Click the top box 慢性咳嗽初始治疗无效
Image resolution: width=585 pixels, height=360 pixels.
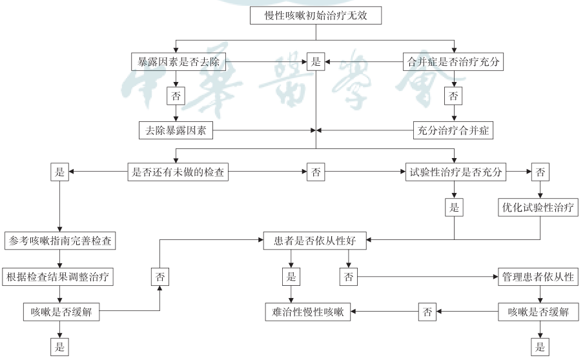(316, 15)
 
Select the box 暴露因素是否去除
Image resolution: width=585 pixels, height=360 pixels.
(178, 61)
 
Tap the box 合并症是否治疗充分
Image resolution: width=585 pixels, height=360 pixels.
(453, 61)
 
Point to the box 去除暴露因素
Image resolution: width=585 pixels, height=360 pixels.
(176, 130)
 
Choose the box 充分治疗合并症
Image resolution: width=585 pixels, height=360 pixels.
(453, 130)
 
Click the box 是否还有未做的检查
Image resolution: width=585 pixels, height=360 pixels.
(178, 172)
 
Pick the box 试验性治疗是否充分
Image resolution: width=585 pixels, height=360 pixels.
(456, 172)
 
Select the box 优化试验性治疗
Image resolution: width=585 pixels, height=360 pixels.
(538, 207)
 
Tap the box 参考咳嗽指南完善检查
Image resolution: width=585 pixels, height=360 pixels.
(60, 241)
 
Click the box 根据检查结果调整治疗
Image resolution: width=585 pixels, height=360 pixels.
(58, 277)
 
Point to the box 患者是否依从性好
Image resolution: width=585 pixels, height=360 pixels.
(315, 241)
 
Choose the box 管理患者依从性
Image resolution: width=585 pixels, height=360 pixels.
(538, 277)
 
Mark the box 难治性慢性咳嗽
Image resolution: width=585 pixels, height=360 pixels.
(308, 312)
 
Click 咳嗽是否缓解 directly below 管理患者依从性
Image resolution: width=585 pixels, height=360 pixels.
(538, 312)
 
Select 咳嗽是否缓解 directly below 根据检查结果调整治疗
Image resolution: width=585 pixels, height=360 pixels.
(61, 312)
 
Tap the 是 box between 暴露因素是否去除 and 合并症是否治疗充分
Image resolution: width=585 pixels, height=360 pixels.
(316, 61)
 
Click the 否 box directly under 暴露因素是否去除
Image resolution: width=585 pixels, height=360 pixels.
(176, 96)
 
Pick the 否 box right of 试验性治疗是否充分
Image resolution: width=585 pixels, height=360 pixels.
(540, 172)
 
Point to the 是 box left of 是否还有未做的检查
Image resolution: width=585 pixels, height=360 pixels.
(59, 172)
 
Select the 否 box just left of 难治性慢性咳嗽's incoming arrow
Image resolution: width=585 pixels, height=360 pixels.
(427, 312)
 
